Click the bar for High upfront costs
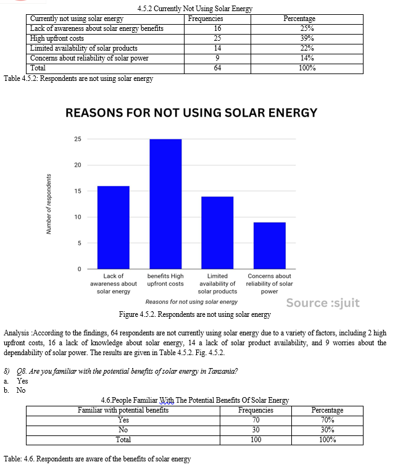coord(165,204)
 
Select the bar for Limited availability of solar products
coord(217,233)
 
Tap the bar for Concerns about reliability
coord(270,245)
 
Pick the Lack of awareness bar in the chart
coord(114,227)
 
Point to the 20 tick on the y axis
coord(78,165)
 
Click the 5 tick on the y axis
coord(80,243)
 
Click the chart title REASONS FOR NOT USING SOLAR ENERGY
coord(191,113)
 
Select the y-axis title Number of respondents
coord(49,204)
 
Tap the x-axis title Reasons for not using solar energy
coord(191,302)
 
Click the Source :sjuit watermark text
coord(323,303)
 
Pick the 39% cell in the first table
coord(307,38)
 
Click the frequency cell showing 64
coord(217,68)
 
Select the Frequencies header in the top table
coord(206,19)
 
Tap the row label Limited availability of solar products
coord(84,48)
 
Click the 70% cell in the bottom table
coord(327,420)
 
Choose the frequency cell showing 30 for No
coord(256,430)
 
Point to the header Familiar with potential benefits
coord(123,410)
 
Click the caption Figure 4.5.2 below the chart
coord(195,314)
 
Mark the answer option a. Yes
coord(16,381)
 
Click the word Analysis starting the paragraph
coord(17,333)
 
